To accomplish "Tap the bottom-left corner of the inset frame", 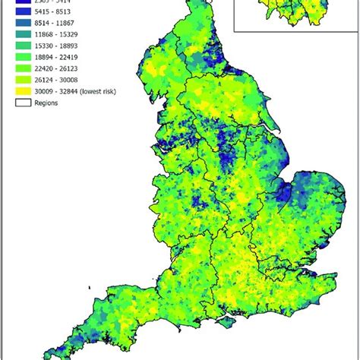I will click(x=235, y=31).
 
